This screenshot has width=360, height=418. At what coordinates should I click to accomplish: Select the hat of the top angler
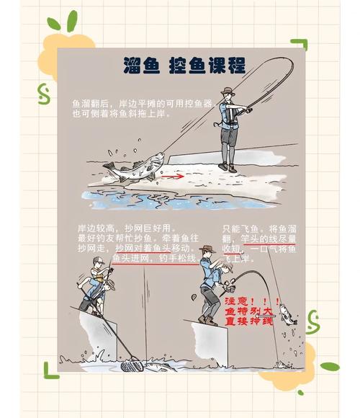pos(228,92)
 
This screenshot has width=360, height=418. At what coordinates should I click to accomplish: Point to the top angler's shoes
pos(228,167)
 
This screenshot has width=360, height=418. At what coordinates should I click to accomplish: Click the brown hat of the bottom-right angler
pos(207,249)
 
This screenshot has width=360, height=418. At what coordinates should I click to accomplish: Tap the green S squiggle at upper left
pos(43,92)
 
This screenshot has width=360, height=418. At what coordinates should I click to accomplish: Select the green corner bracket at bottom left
pos(51,368)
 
